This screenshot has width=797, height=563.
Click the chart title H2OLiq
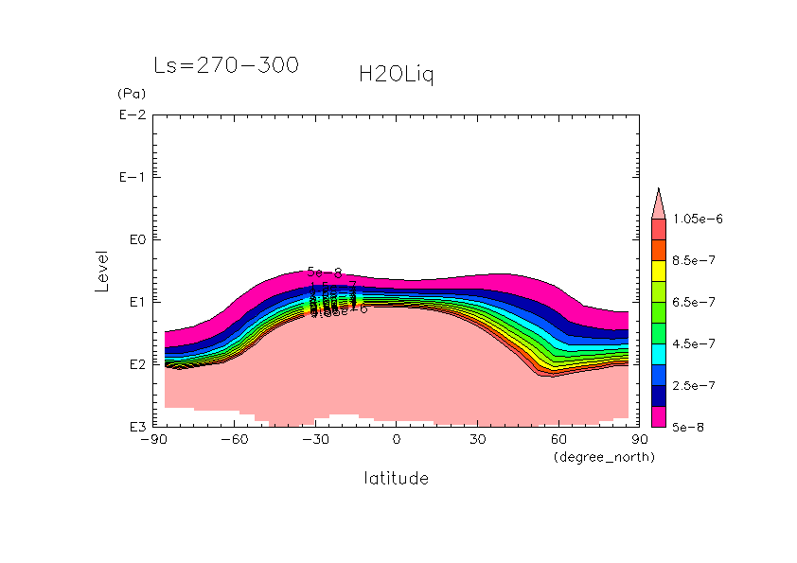click(x=397, y=75)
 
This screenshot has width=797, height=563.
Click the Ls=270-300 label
click(x=226, y=65)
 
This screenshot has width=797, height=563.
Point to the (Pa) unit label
click(x=129, y=94)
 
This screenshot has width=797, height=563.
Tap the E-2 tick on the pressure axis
click(x=132, y=115)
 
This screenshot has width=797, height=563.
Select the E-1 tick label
click(x=132, y=178)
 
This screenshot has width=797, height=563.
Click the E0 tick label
click(x=134, y=240)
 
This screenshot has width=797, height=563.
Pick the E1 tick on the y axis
click(x=134, y=302)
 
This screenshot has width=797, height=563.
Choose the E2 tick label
click(x=134, y=364)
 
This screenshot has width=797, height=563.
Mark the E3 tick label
click(x=134, y=427)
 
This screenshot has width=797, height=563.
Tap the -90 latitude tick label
click(x=152, y=440)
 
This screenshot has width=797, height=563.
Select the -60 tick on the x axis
click(x=234, y=440)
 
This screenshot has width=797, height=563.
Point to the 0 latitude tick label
click(x=397, y=440)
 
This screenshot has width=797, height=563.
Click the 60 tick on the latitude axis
click(x=558, y=440)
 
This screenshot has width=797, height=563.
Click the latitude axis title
click(x=397, y=479)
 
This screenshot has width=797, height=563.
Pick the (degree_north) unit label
click(x=604, y=457)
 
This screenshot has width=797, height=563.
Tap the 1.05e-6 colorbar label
click(x=698, y=219)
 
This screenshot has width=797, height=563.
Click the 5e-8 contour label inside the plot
click(x=324, y=273)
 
